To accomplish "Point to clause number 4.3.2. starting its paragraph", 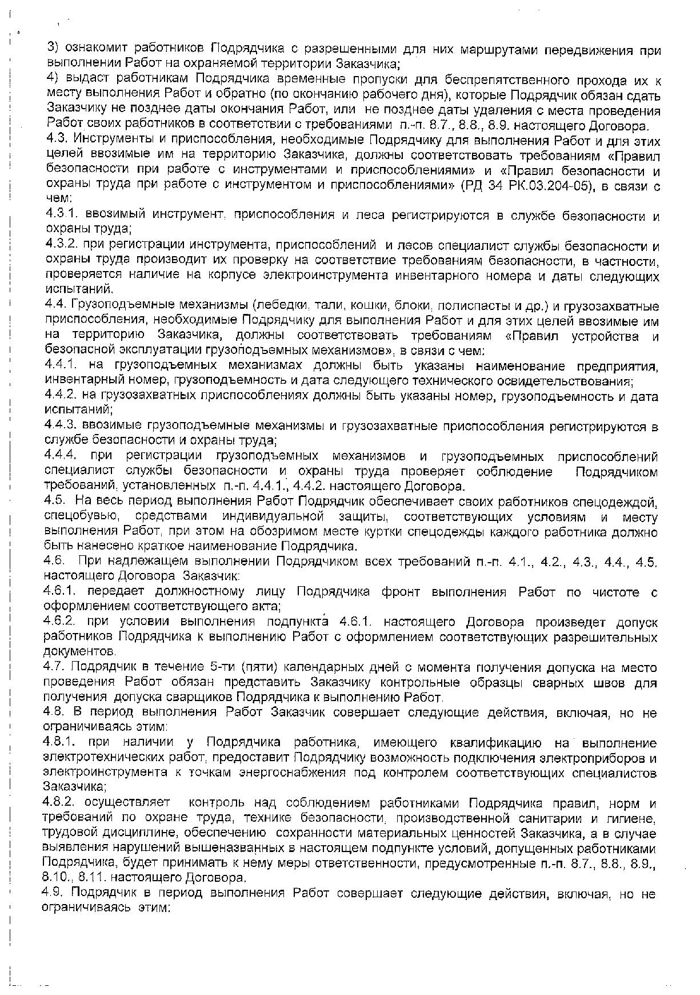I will pyautogui.click(x=61, y=246).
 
